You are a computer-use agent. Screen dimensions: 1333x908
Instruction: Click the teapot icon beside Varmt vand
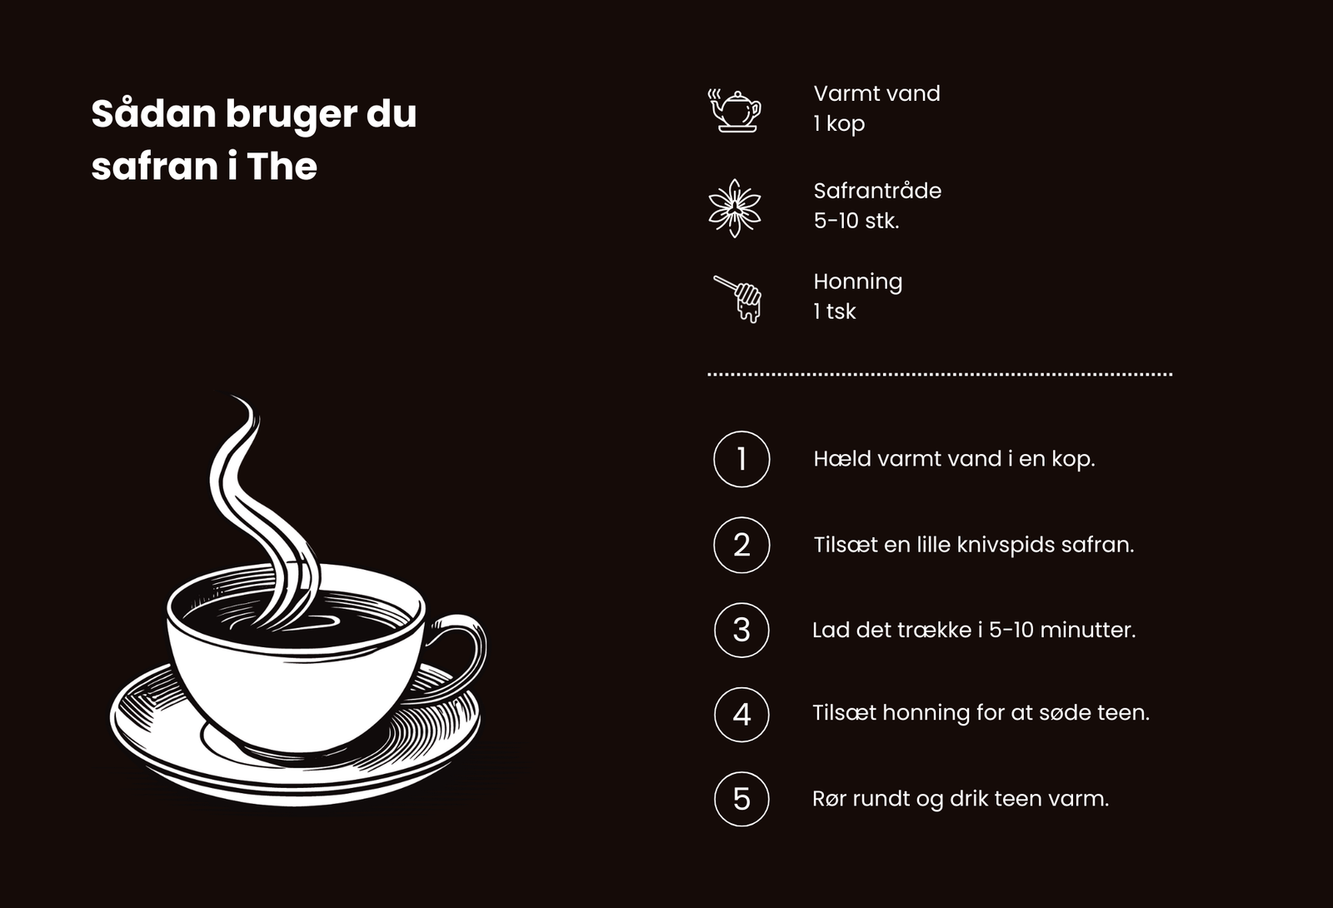[734, 111]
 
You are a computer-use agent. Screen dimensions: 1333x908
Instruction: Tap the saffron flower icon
[735, 208]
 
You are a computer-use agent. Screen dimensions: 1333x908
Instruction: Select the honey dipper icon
[738, 299]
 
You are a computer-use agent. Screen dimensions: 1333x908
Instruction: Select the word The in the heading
[282, 166]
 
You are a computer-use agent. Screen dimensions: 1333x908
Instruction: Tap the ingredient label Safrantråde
[877, 191]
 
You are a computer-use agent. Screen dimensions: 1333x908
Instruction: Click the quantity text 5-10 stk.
[856, 221]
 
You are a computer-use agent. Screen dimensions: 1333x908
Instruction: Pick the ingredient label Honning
[857, 282]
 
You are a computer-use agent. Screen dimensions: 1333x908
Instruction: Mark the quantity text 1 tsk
[834, 312]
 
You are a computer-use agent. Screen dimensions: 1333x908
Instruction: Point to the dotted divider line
[940, 374]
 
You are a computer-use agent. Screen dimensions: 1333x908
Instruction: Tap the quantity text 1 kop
[839, 124]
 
